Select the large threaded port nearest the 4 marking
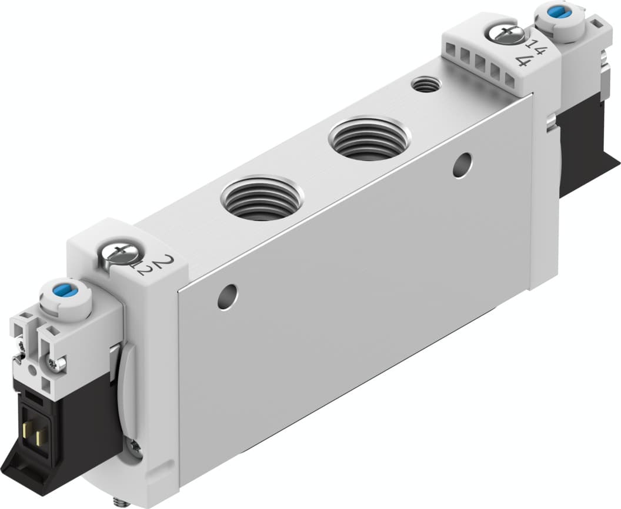369,139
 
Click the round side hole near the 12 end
227,297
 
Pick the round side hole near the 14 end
463,165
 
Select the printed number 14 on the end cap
535,45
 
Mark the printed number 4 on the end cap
523,60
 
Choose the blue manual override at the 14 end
555,11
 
